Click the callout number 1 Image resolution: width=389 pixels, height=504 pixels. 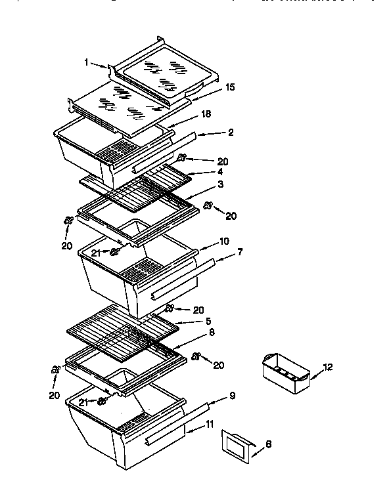pyautogui.click(x=86, y=63)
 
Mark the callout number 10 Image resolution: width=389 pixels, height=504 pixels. pyautogui.click(x=224, y=241)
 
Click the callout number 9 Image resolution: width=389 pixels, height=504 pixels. pyautogui.click(x=231, y=396)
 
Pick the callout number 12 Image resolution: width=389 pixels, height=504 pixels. pyautogui.click(x=328, y=367)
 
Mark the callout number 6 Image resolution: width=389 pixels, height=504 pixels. pyautogui.click(x=266, y=444)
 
